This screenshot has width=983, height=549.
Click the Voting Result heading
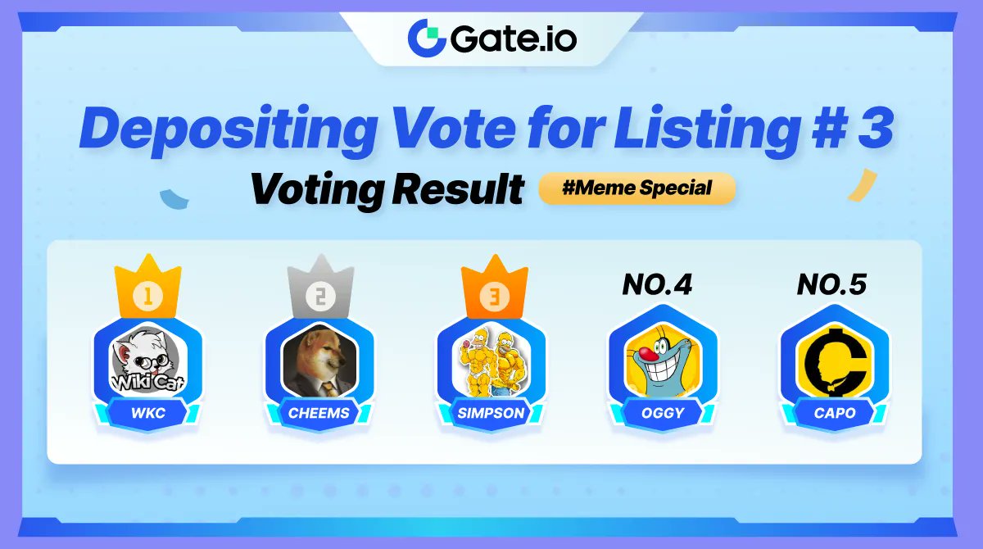pos(387,189)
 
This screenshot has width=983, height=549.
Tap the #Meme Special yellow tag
pos(637,188)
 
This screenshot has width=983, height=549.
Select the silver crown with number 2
pos(320,288)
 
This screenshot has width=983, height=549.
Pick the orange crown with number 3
pos(491,288)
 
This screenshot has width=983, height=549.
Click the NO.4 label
pos(657,285)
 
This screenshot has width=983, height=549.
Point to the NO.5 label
pos(831,285)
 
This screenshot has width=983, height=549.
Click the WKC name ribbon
pos(148,413)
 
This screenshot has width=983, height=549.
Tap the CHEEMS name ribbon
pos(319,413)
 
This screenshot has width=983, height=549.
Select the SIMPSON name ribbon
pos(491,413)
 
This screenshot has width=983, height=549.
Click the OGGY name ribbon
pos(663,413)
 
